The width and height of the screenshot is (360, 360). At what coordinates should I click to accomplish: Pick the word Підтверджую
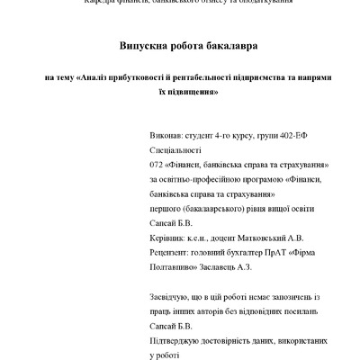179,329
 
